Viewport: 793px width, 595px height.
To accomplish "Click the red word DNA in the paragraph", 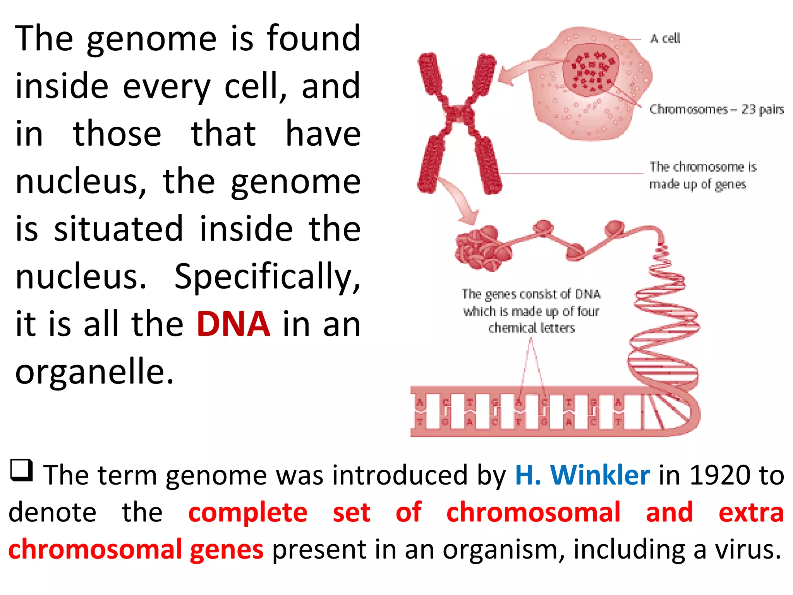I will pyautogui.click(x=233, y=324).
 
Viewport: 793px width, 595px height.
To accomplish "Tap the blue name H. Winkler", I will pyautogui.click(x=582, y=475).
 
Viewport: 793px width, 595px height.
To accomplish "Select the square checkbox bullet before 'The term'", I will pyautogui.click(x=21, y=470).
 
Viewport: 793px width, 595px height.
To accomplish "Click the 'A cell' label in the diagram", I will pyautogui.click(x=665, y=38).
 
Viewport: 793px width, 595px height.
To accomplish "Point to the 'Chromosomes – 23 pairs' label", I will pyautogui.click(x=716, y=110).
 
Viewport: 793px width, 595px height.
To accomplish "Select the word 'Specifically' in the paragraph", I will pyautogui.click(x=267, y=277).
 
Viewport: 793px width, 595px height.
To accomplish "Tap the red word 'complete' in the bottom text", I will pyautogui.click(x=248, y=512).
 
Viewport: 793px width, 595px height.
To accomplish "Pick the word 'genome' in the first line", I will pyautogui.click(x=151, y=39).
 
